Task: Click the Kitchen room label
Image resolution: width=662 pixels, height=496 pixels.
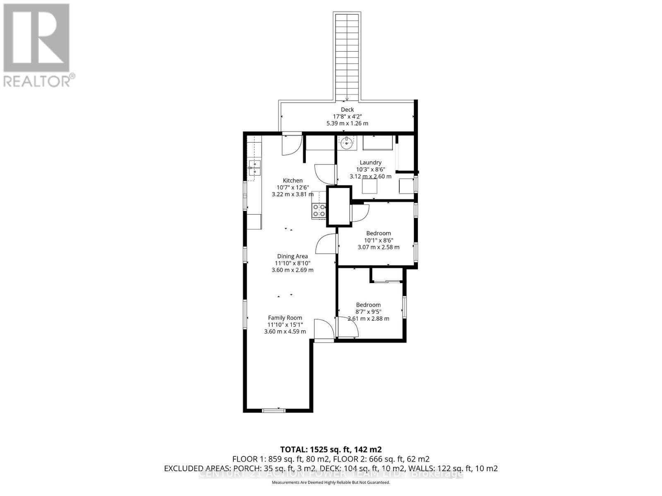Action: click(293, 181)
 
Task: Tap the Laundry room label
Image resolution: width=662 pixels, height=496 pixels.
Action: click(370, 162)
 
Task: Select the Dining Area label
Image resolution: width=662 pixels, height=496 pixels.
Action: click(293, 256)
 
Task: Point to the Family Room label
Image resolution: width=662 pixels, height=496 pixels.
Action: click(285, 318)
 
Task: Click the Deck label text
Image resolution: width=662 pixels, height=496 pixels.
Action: click(347, 110)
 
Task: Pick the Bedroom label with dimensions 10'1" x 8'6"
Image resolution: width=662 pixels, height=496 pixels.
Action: click(378, 234)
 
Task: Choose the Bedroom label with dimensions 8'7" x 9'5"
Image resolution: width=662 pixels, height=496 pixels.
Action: click(368, 305)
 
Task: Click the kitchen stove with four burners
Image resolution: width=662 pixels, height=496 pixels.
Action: click(319, 210)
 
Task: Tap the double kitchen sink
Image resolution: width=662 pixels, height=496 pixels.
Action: click(254, 168)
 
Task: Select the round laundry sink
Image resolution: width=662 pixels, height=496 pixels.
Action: click(346, 144)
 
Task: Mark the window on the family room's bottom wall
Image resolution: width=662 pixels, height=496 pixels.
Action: click(274, 410)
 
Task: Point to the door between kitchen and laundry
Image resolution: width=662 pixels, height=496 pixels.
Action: click(325, 174)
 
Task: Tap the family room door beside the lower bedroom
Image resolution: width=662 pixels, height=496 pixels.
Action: click(323, 329)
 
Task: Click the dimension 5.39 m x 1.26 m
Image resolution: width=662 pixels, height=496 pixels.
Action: click(347, 123)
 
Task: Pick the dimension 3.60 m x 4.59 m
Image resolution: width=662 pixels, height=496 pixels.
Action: click(285, 331)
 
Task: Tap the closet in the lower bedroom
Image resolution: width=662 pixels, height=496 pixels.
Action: click(386, 274)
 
